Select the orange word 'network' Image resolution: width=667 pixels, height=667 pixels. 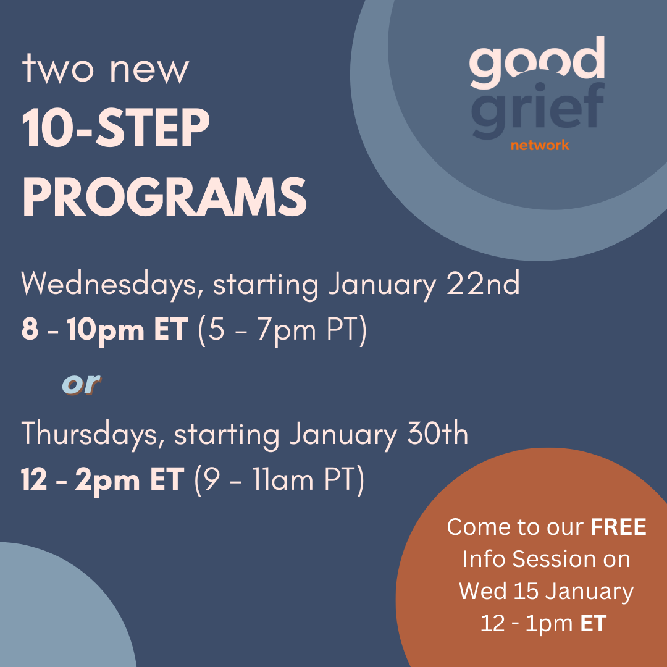pos(540,146)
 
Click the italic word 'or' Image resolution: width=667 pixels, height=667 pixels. pos(81,384)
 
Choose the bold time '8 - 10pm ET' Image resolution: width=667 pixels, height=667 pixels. pos(104,331)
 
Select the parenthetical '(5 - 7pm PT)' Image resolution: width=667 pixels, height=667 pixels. pos(282,332)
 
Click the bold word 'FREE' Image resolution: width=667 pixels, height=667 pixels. pos(618,527)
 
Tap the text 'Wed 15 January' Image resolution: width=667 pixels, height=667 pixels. pos(547,591)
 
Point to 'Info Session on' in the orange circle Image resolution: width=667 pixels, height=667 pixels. pos(547,559)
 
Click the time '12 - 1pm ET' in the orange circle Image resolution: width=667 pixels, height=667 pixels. pos(543,623)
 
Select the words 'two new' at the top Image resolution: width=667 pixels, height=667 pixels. pos(106,69)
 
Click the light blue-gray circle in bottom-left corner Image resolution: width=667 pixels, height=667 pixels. pos(56,611)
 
